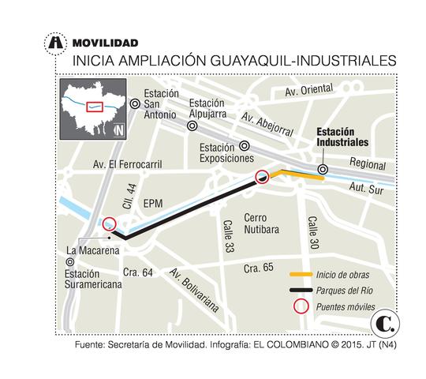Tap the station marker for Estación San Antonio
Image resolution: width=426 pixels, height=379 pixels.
135,103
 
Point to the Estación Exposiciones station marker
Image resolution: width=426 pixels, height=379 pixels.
245,145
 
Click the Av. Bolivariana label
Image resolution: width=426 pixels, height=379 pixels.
192,288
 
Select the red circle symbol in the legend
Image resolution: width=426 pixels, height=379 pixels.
301,306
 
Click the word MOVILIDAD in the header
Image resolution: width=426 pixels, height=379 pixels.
104,42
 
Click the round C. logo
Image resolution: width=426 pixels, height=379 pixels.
387,324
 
